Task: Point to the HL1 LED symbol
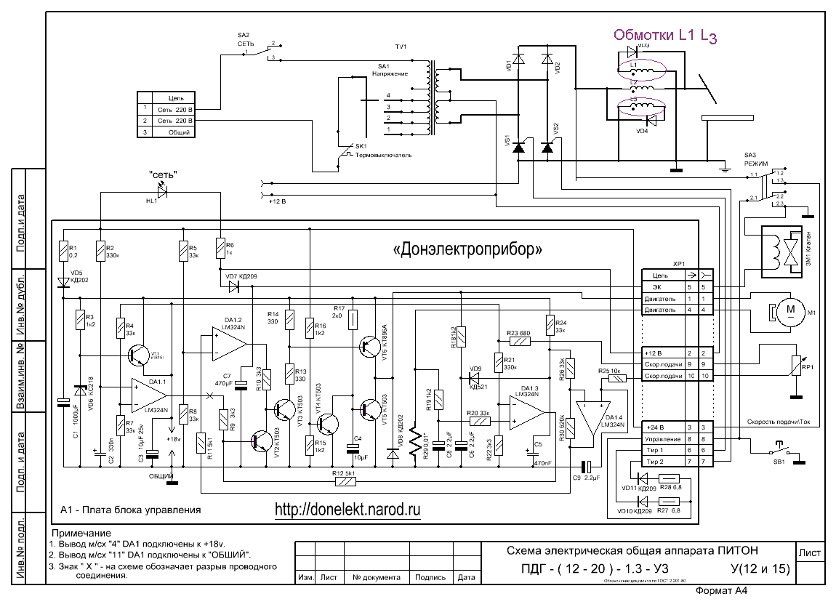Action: click(x=161, y=191)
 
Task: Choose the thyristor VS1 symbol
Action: click(x=518, y=148)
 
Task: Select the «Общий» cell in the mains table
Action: click(x=179, y=132)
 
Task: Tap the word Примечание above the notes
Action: click(x=80, y=534)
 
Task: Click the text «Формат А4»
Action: click(x=723, y=591)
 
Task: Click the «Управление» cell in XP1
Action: click(x=662, y=439)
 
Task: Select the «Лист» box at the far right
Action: click(x=810, y=553)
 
